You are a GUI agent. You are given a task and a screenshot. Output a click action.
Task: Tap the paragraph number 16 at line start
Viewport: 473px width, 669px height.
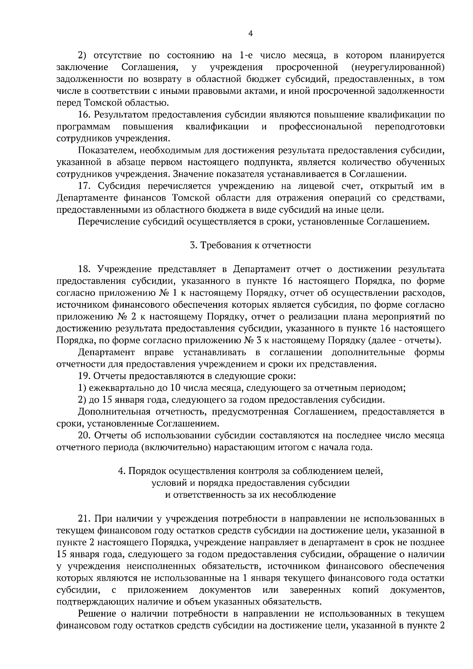(85, 115)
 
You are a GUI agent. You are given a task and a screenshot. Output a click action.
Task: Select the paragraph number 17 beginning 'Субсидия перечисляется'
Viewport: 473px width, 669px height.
(85, 186)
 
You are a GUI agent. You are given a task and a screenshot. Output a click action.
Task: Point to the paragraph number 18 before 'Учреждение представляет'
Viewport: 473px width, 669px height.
(85, 269)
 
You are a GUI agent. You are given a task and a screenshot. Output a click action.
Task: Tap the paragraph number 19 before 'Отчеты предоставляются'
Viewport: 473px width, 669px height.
(84, 376)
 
